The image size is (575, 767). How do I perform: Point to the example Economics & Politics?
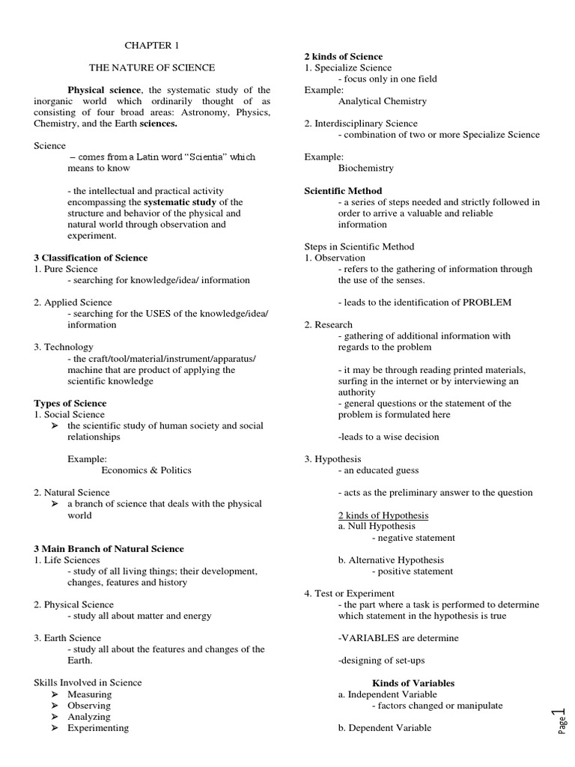pyautogui.click(x=146, y=470)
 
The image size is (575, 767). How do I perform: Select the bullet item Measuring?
pyautogui.click(x=89, y=694)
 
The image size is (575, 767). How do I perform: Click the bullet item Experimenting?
pyautogui.click(x=97, y=727)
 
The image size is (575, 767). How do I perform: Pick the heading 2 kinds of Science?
pyautogui.click(x=343, y=56)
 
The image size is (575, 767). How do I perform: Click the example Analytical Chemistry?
pyautogui.click(x=382, y=101)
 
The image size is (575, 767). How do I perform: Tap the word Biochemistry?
pyautogui.click(x=365, y=169)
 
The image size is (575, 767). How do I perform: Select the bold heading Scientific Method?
pyautogui.click(x=343, y=191)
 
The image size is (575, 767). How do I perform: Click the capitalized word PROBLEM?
pyautogui.click(x=486, y=303)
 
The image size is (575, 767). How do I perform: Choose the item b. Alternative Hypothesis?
pyautogui.click(x=391, y=560)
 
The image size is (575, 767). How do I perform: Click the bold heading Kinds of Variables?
pyautogui.click(x=413, y=683)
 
